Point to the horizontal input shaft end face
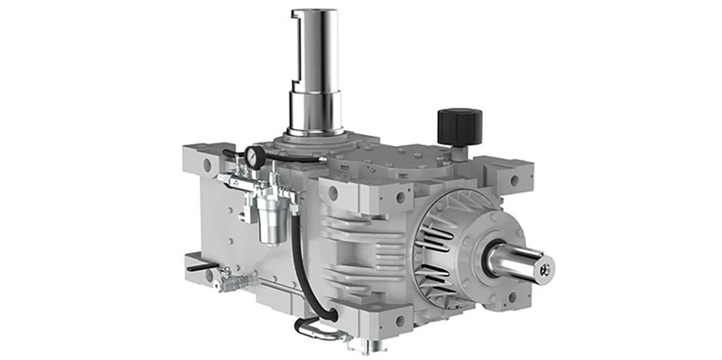[x=545, y=270]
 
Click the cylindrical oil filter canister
[x=271, y=219]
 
